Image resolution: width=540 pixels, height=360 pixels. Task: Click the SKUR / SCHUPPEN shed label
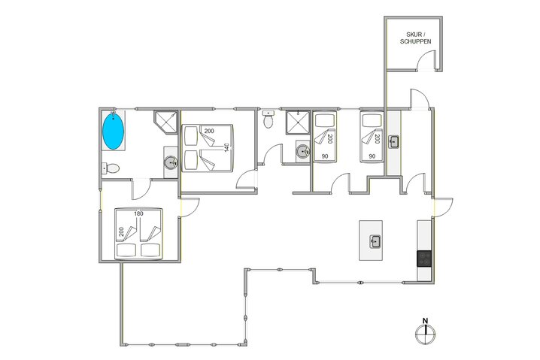(x=414, y=38)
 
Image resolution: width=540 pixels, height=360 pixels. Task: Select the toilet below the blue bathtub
(x=110, y=168)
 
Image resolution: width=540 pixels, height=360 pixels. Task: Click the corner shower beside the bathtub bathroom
(x=164, y=122)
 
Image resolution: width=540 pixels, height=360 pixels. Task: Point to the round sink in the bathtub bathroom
(x=171, y=162)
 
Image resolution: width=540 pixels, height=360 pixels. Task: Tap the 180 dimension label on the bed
(x=138, y=213)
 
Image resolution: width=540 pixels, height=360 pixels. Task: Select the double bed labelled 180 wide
(x=139, y=232)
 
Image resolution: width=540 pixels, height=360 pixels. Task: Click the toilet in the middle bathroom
(x=268, y=119)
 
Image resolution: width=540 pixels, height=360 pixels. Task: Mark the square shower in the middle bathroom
(x=297, y=122)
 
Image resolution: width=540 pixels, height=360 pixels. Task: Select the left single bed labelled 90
(x=325, y=137)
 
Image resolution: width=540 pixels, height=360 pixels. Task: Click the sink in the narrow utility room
(x=393, y=141)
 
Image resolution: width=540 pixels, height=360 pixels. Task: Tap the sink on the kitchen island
(x=375, y=241)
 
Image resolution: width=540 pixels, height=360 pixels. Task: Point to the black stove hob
(x=424, y=258)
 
